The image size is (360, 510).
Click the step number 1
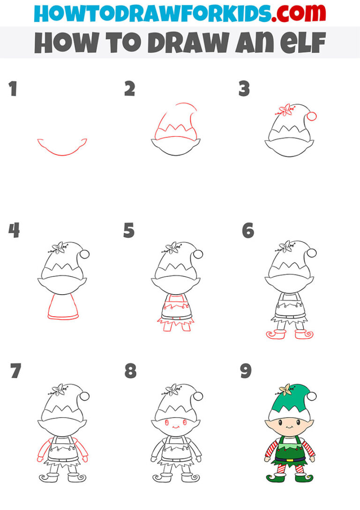click(x=12, y=89)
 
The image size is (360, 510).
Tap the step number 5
click(x=129, y=231)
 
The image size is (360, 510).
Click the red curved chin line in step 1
click(x=62, y=149)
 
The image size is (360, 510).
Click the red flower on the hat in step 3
click(x=284, y=111)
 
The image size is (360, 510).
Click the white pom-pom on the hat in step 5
click(x=198, y=254)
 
